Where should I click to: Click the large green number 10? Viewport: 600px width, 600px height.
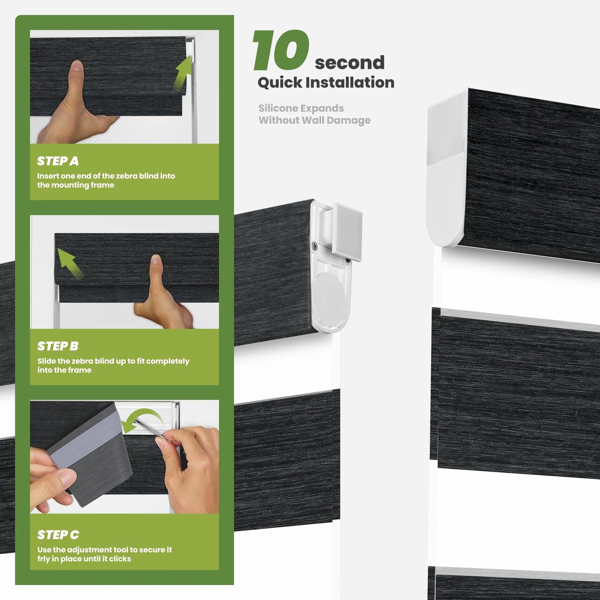tap(281, 50)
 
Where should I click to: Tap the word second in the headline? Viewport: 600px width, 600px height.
tap(350, 62)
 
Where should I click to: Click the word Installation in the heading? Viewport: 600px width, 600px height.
tap(350, 82)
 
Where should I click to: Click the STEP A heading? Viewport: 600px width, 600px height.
tap(58, 161)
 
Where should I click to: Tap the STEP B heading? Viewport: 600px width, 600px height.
tap(58, 346)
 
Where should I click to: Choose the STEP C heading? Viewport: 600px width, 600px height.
tap(58, 535)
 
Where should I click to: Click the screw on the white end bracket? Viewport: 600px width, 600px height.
tap(315, 246)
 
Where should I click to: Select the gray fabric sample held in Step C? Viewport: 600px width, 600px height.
tap(88, 453)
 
